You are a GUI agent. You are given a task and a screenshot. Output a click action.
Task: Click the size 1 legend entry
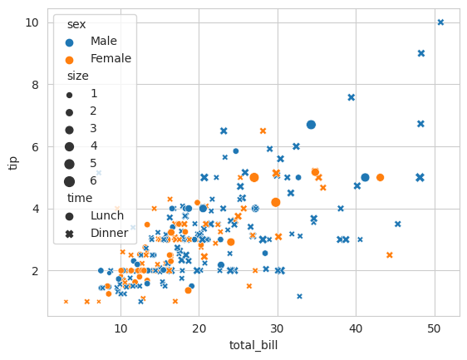[94, 93]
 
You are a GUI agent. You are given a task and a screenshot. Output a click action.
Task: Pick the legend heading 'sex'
[76, 24]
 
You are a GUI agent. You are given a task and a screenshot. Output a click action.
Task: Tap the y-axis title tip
[12, 162]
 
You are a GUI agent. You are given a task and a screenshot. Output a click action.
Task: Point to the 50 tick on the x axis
[435, 329]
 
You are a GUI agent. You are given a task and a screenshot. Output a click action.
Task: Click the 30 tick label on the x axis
[278, 329]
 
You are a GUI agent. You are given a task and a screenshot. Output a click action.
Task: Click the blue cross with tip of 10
[440, 22]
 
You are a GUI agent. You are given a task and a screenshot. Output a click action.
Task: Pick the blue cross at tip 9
[421, 53]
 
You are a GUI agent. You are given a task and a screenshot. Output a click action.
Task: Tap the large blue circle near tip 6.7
[311, 125]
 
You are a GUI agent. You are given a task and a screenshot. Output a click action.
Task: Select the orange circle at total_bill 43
[380, 177]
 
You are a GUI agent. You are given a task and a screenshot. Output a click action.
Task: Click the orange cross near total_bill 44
[389, 255]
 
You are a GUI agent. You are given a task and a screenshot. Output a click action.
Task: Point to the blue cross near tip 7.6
[351, 97]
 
